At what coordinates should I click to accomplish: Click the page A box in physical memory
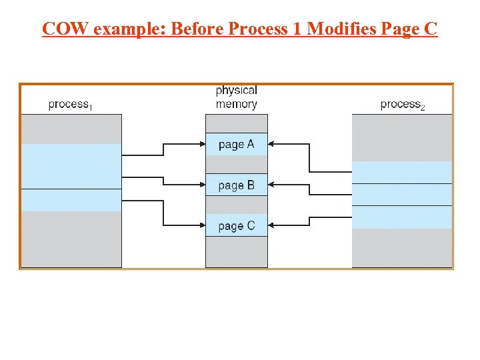coord(236,144)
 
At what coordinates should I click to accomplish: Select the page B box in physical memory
coord(236,185)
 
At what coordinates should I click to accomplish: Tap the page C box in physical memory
coord(236,225)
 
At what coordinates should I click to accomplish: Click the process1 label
coord(71,104)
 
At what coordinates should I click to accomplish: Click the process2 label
coord(403,104)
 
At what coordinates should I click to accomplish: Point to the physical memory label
coord(236,97)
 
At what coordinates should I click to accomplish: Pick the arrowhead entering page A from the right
coord(271,143)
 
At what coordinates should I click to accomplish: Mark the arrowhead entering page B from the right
coord(271,184)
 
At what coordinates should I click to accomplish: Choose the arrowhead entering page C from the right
coord(271,225)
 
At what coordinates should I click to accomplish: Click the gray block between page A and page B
coord(236,164)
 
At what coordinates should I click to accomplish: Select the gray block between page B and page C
coord(236,205)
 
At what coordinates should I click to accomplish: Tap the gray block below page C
coord(236,251)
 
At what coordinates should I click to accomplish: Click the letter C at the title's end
coord(430,29)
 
